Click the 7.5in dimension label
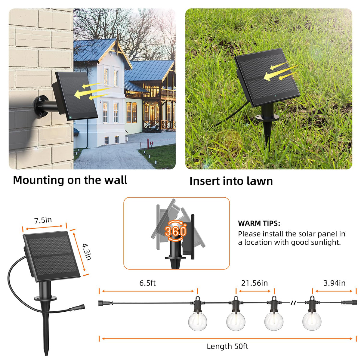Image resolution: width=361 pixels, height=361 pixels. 43,220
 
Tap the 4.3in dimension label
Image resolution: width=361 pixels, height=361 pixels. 87,251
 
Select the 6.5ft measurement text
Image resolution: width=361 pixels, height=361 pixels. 147,283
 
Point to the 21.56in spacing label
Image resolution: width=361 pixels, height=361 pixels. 255,283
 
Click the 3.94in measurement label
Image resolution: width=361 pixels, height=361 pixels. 335,283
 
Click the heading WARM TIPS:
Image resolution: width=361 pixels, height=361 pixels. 259,223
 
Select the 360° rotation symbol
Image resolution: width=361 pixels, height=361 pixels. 175,231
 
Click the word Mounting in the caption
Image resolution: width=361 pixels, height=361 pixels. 39,180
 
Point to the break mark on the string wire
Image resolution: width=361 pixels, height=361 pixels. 294,303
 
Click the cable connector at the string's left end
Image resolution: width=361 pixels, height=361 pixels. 106,303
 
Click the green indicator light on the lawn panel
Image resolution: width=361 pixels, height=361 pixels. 276,96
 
